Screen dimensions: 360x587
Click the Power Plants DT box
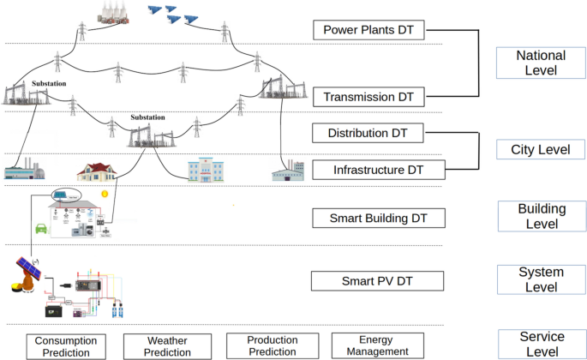368,31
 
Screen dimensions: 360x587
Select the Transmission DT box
368,97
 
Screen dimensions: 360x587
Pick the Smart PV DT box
366,280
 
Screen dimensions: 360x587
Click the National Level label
541,63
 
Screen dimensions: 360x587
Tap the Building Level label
541,215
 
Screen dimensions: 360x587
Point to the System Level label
541,279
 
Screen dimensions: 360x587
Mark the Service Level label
541,343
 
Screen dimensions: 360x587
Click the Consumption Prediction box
67,346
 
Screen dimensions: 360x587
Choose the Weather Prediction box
167,346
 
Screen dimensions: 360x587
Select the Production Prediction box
272,345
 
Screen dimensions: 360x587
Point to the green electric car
39,230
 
